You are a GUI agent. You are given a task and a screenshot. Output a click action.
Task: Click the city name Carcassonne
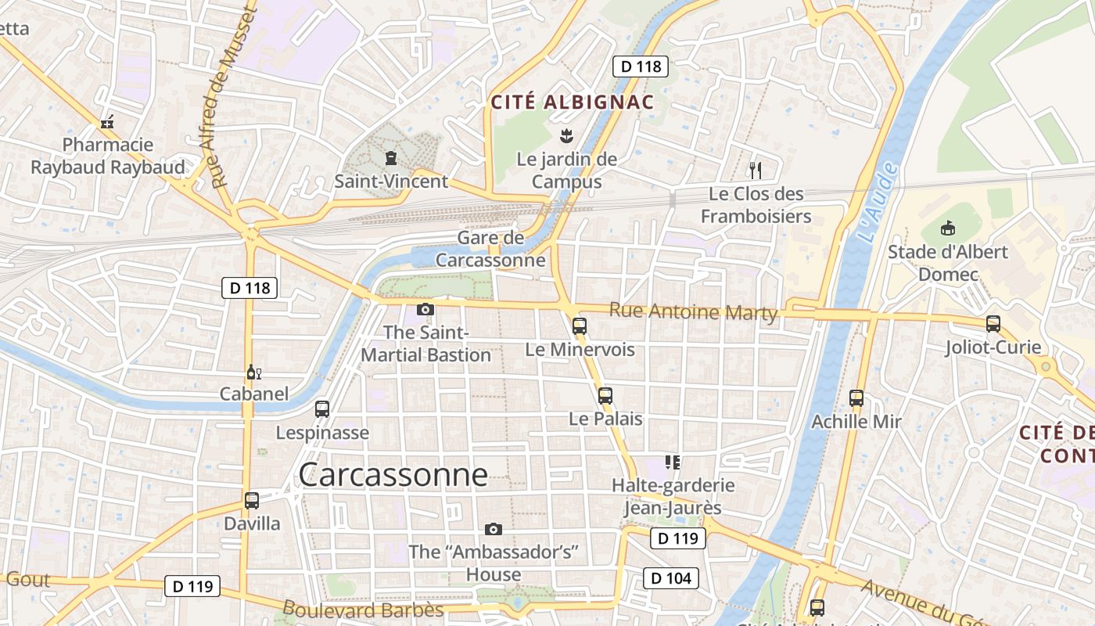[x=393, y=474]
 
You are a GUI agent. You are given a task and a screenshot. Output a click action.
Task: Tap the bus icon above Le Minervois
[x=579, y=326]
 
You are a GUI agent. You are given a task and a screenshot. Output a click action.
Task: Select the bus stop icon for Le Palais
[x=605, y=396]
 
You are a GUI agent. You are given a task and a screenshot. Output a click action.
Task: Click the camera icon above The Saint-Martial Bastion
[x=425, y=310]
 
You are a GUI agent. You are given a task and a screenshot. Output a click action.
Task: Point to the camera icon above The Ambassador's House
[x=493, y=529]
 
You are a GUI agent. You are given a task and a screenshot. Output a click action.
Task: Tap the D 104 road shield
[x=670, y=578]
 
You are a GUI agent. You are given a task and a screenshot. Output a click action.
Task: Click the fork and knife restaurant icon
[x=755, y=170]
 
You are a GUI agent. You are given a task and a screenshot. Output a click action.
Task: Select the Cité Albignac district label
[x=572, y=102]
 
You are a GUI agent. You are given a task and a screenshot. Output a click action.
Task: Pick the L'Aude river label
[x=875, y=202]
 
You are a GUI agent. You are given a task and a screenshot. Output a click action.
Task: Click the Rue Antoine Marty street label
[x=693, y=311]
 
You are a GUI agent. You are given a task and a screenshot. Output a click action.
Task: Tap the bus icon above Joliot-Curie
[x=993, y=323]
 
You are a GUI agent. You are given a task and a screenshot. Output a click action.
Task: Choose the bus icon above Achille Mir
[x=856, y=398]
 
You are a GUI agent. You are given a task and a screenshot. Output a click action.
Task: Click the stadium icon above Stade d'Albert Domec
[x=948, y=228]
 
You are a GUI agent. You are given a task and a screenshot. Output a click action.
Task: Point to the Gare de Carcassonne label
[x=490, y=249]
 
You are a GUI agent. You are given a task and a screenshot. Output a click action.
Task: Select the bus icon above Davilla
[x=251, y=501]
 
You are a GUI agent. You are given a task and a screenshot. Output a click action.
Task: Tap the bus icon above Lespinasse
[x=321, y=408]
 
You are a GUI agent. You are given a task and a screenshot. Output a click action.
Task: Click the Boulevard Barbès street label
[x=363, y=610]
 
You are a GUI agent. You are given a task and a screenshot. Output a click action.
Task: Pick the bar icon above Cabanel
[x=253, y=372]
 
